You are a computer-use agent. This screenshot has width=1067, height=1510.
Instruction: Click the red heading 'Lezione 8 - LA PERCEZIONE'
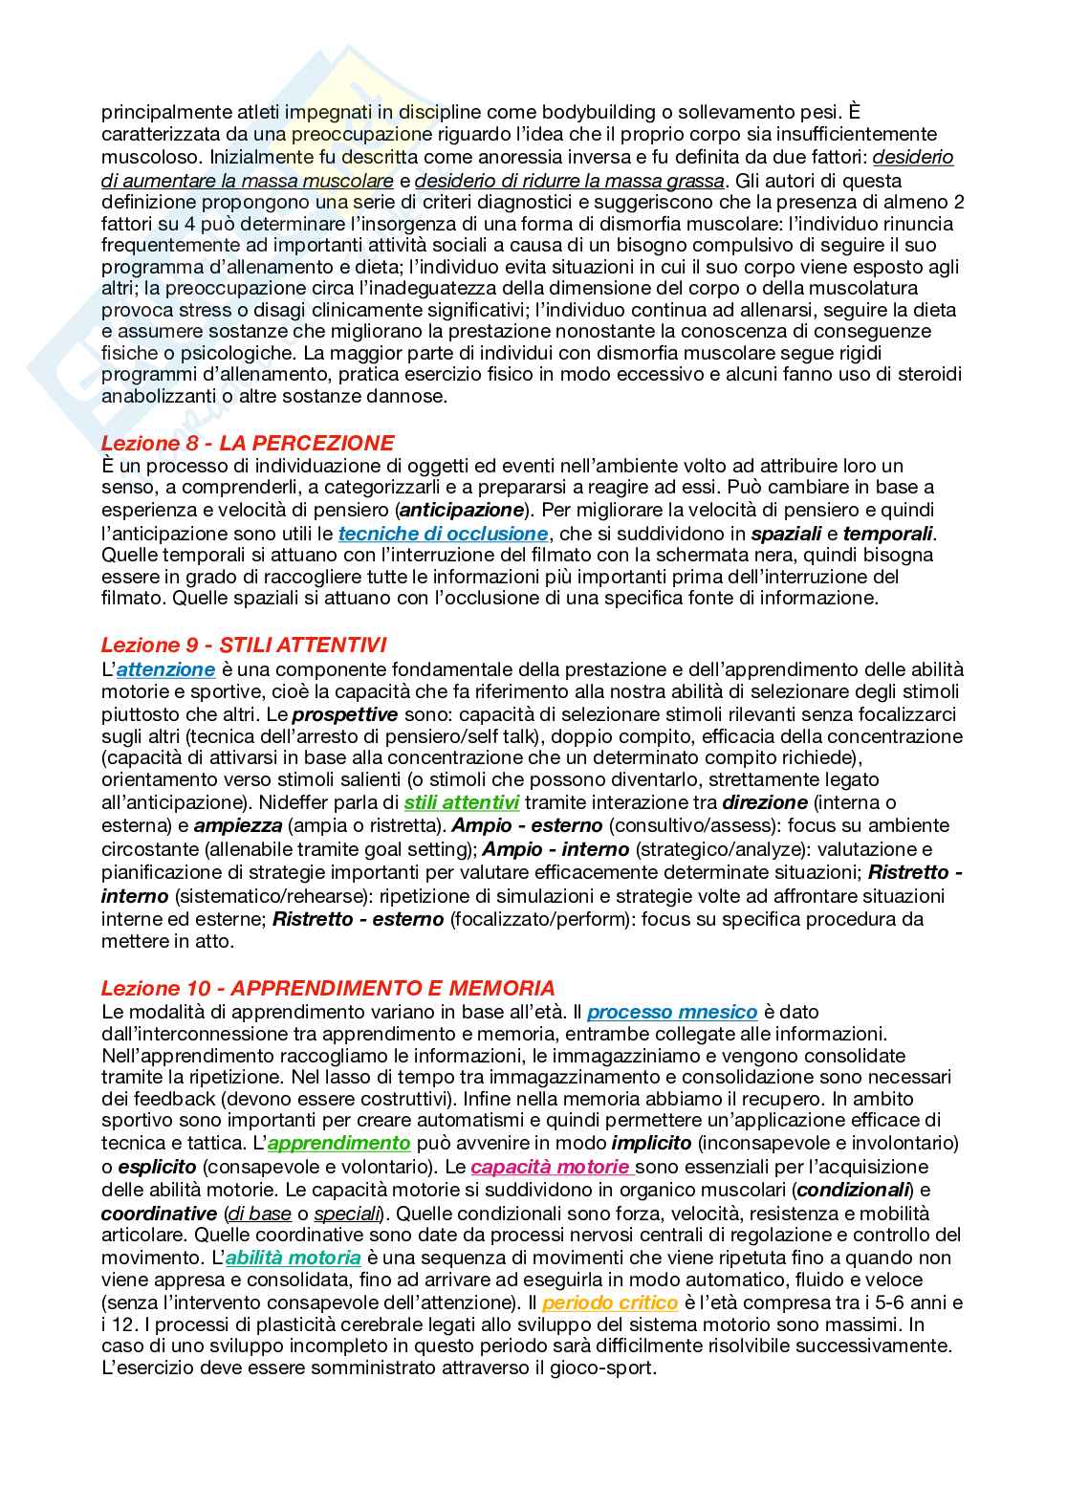click(x=248, y=443)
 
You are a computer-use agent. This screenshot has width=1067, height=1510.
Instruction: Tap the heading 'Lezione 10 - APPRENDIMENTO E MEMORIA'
click(x=328, y=988)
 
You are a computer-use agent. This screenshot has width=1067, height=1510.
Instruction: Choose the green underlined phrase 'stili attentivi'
click(x=462, y=802)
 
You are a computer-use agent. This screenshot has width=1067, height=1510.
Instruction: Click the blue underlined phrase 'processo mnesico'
click(x=672, y=1012)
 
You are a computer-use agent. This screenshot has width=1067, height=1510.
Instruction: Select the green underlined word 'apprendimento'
click(x=339, y=1144)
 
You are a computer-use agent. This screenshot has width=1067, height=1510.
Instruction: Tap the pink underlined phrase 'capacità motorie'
click(x=552, y=1167)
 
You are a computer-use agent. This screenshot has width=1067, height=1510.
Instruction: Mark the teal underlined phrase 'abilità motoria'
click(x=294, y=1258)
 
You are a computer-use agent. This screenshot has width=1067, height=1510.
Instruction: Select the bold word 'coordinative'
click(x=158, y=1213)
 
